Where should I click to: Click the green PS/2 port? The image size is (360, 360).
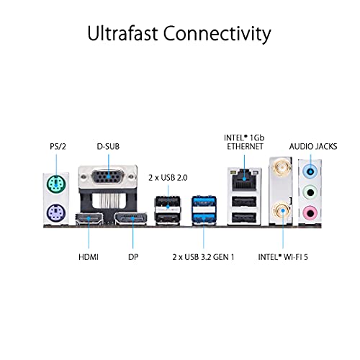pyautogui.click(x=56, y=184)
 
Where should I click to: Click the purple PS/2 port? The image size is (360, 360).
pyautogui.click(x=56, y=212)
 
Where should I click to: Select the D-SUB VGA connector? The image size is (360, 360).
pyautogui.click(x=108, y=177)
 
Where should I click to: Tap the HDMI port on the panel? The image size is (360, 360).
pyautogui.click(x=89, y=219)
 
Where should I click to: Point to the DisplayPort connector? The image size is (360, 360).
pyautogui.click(x=130, y=219)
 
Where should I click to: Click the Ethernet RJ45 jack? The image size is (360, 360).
pyautogui.click(x=244, y=179)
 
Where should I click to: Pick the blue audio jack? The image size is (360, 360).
pyautogui.click(x=310, y=171)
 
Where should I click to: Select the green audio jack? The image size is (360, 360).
pyautogui.click(x=310, y=192)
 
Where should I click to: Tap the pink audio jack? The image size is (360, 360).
pyautogui.click(x=310, y=213)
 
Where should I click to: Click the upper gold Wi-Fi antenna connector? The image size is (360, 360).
pyautogui.click(x=281, y=166)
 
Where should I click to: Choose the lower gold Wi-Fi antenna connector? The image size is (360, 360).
pyautogui.click(x=281, y=211)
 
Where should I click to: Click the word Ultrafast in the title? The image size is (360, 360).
pyautogui.click(x=123, y=33)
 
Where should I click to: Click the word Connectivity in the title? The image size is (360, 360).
pyautogui.click(x=217, y=35)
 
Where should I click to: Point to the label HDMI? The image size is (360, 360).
pyautogui.click(x=89, y=257)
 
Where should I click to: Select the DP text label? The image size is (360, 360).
pyautogui.click(x=133, y=257)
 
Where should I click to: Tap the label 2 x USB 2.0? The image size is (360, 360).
pyautogui.click(x=168, y=178)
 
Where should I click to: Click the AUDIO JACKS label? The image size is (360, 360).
pyautogui.click(x=313, y=146)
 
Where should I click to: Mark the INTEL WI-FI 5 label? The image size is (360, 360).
pyautogui.click(x=283, y=257)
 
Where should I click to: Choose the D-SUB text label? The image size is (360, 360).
pyautogui.click(x=108, y=146)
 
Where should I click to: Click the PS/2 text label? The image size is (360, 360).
pyautogui.click(x=58, y=146)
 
